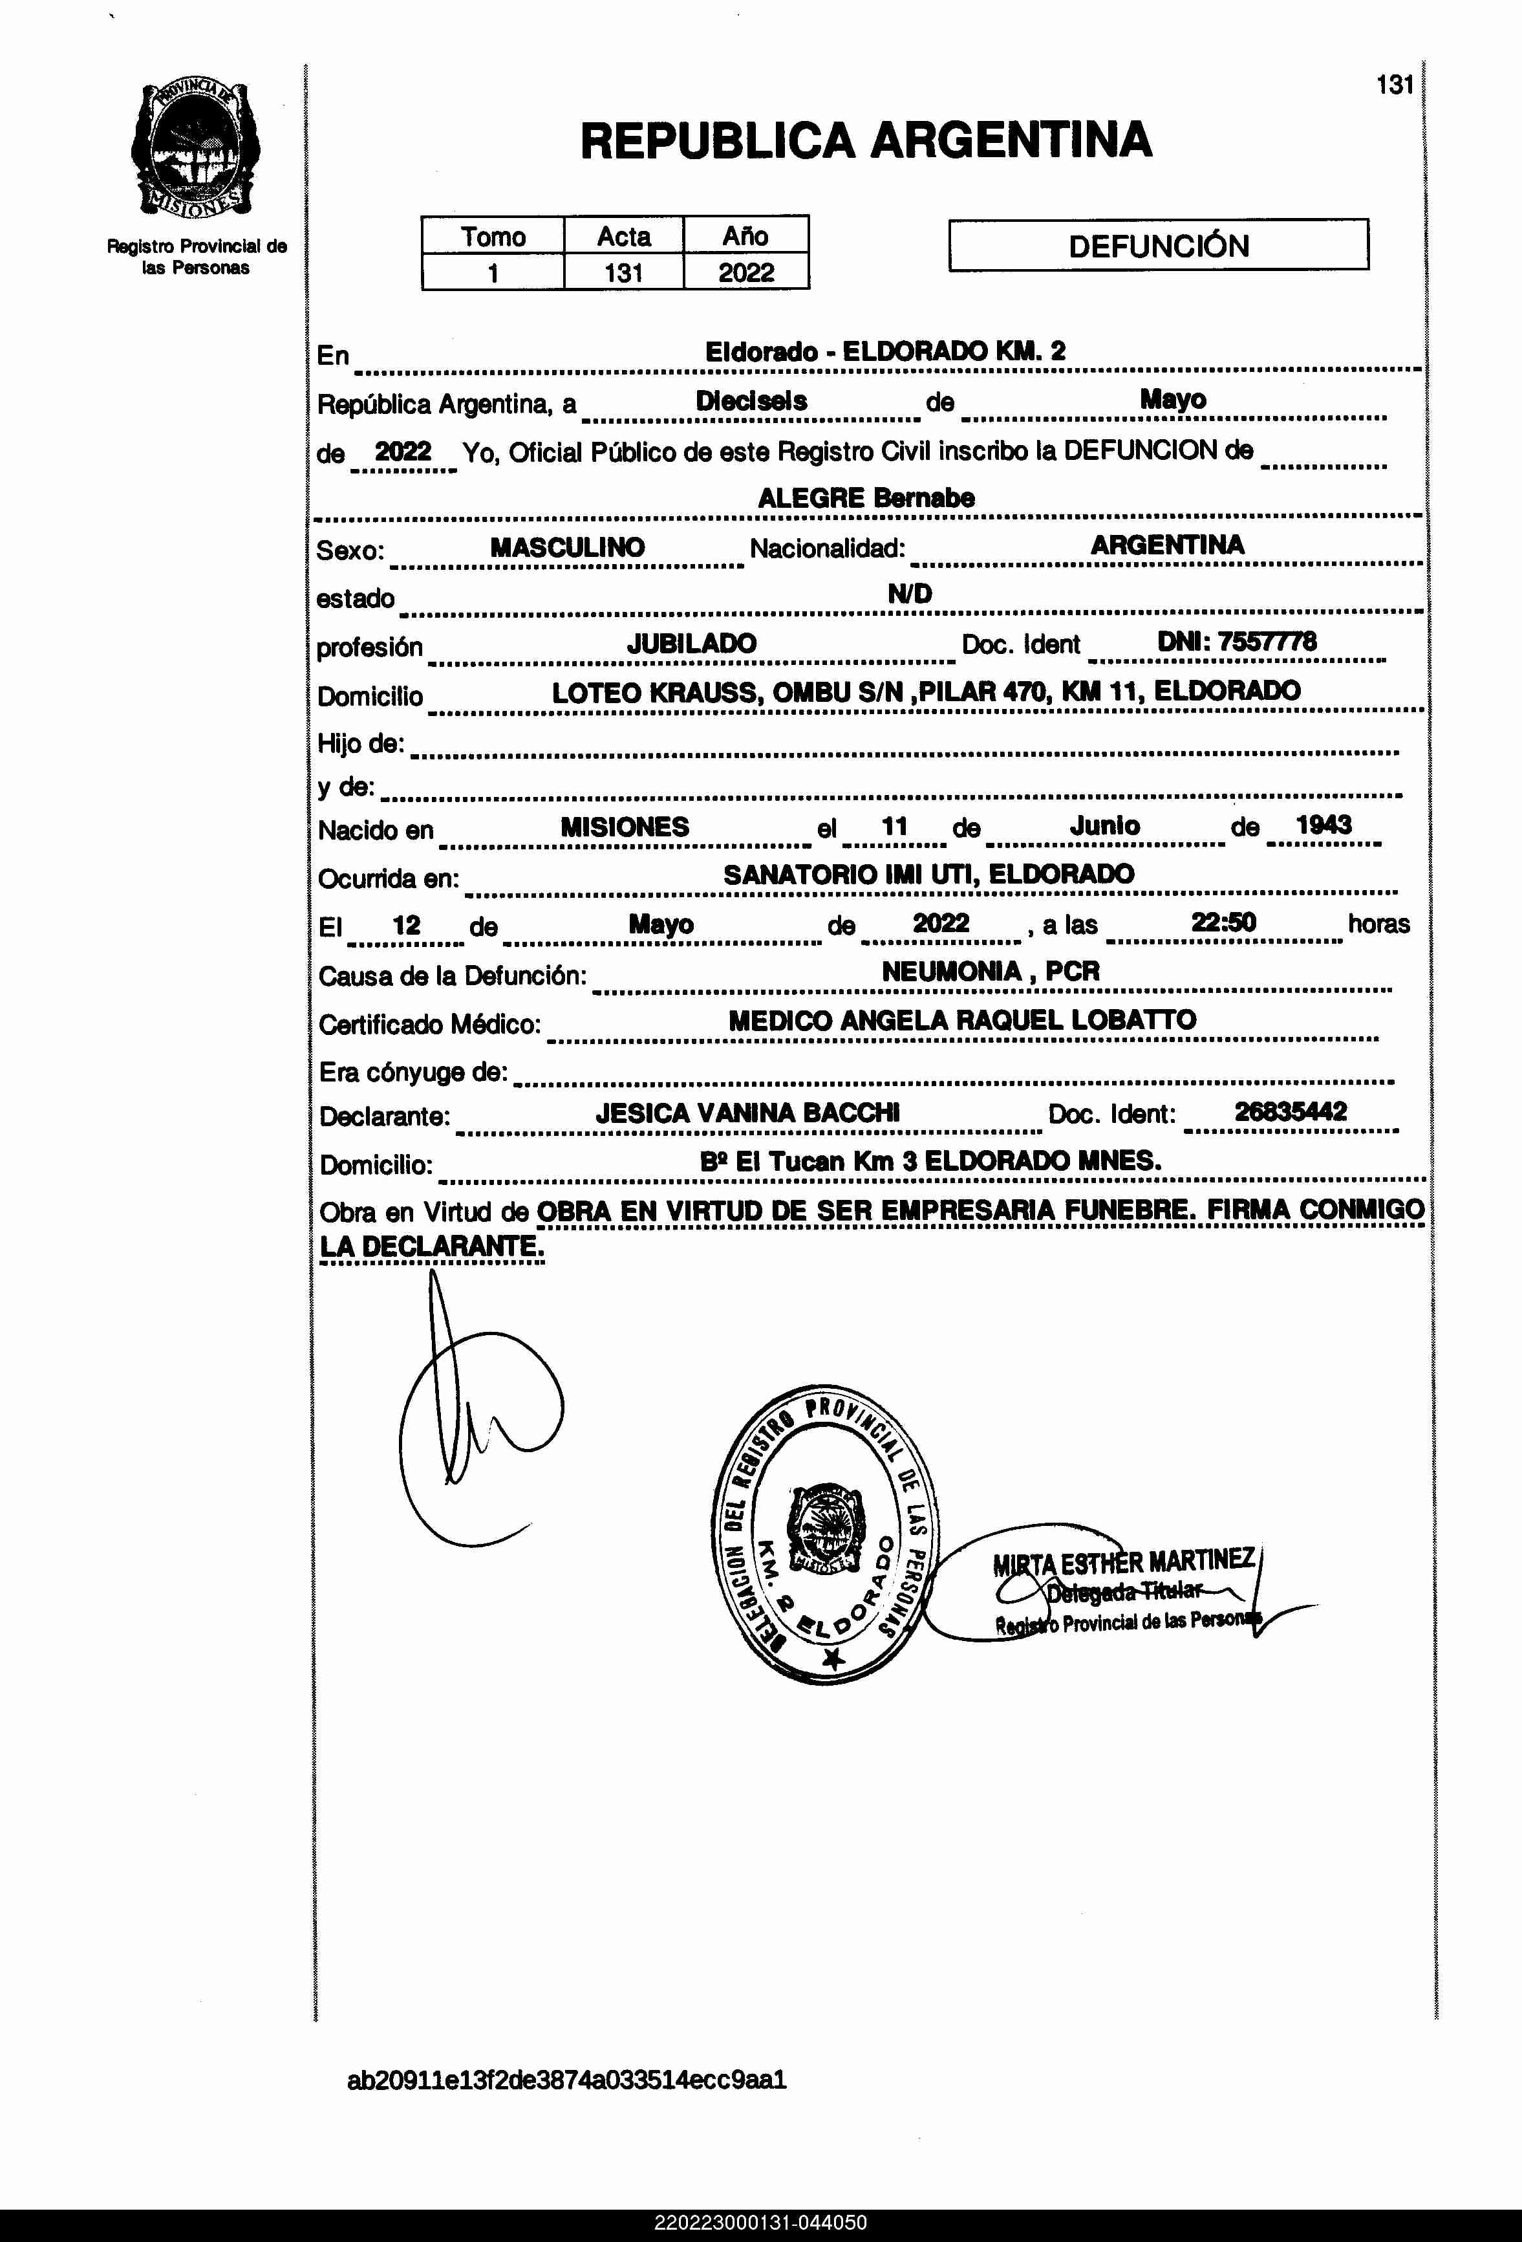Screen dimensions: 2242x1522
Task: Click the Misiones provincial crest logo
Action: click(x=196, y=149)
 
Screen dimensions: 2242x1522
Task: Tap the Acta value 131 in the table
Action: click(x=623, y=273)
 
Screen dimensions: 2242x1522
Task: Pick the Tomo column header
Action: click(x=493, y=236)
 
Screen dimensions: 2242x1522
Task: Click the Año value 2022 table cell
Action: click(x=745, y=273)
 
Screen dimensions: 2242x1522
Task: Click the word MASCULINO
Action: click(x=567, y=547)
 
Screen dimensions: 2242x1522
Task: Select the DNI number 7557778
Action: click(x=1267, y=642)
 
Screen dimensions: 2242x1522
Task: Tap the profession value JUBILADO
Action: click(x=692, y=644)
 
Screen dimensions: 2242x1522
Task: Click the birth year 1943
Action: click(x=1324, y=825)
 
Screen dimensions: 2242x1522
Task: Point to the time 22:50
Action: click(x=1223, y=922)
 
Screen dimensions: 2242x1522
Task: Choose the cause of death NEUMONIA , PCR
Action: click(x=991, y=972)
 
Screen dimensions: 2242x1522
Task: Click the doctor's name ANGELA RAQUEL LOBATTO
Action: click(x=1018, y=1019)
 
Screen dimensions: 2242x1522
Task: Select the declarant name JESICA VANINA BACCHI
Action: click(x=747, y=1113)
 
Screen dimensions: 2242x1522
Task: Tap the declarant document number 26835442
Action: click(x=1291, y=1111)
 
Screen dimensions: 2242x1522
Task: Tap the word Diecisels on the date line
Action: click(x=751, y=401)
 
